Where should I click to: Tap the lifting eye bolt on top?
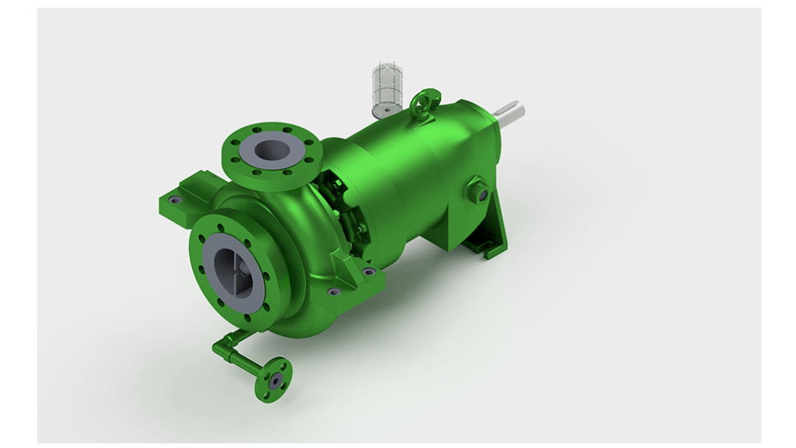pos(424,101)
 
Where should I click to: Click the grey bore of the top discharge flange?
pos(268,149)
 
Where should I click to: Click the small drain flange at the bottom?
pos(274,380)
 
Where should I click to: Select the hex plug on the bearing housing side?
pos(477,191)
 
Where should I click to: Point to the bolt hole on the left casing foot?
pos(175,201)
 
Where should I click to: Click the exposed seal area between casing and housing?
pos(346,210)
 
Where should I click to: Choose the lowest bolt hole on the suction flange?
pos(247,317)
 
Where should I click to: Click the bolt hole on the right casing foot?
pos(368,271)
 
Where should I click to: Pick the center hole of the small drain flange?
pos(274,380)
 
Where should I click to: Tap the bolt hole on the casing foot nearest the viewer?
pos(333,291)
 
